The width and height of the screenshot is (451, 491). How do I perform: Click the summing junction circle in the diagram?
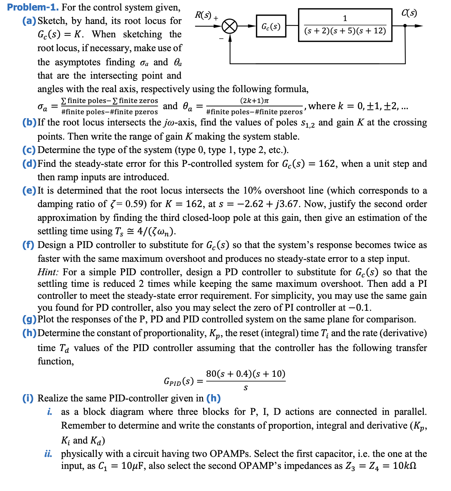pyautogui.click(x=229, y=26)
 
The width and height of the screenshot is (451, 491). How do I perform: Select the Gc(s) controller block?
pyautogui.click(x=271, y=26)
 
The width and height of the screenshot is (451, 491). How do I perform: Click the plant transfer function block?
pyautogui.click(x=345, y=25)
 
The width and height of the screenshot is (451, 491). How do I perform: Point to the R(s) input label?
pyautogui.click(x=203, y=15)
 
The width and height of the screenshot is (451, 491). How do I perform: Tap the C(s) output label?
pyautogui.click(x=409, y=13)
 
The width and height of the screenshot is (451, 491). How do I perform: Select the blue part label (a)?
pyautogui.click(x=29, y=21)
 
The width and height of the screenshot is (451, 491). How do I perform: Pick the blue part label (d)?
pyautogui.click(x=29, y=164)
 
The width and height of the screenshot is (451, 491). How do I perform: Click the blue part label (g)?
pyautogui.click(x=29, y=319)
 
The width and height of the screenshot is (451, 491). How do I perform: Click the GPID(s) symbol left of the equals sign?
pyautogui.click(x=178, y=381)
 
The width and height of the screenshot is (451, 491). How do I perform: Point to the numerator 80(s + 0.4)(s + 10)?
pyautogui.click(x=245, y=374)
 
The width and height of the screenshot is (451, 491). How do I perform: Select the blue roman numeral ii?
pyautogui.click(x=48, y=454)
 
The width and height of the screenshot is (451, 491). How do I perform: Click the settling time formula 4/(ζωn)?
pyautogui.click(x=156, y=231)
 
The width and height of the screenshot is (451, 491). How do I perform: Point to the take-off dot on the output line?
pyautogui.click(x=405, y=26)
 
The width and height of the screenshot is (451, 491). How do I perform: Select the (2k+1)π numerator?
pyautogui.click(x=254, y=100)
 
